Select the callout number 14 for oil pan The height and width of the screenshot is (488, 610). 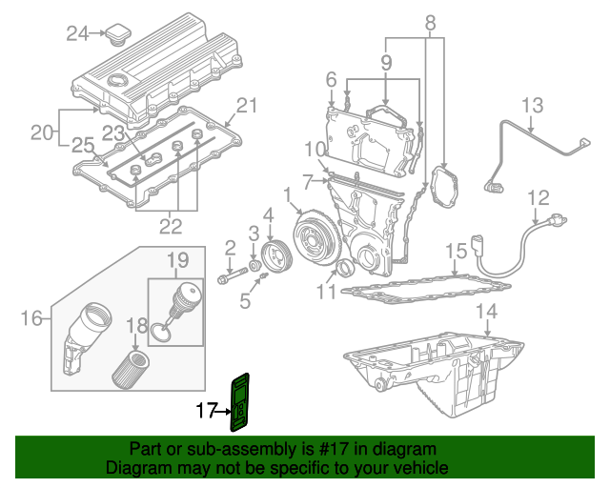point(486,311)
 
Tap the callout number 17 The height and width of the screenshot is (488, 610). point(207,412)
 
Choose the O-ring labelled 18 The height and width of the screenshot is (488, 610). point(163,333)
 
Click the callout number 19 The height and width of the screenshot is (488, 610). point(178,260)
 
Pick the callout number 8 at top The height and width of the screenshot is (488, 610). point(430,21)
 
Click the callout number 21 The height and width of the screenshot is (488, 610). point(247,105)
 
